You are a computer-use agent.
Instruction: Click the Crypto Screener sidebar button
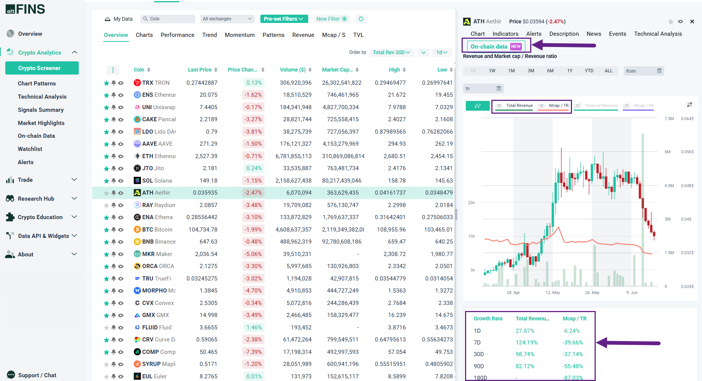[42, 68]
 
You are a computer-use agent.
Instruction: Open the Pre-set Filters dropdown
[284, 19]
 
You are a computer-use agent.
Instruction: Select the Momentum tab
[240, 35]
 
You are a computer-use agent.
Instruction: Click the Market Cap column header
[337, 70]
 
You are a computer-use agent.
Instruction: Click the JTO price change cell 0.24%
[254, 168]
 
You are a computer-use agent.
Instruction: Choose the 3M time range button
[531, 71]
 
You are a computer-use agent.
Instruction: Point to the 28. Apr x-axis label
[513, 293]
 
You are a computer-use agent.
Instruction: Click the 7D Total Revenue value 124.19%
[526, 343]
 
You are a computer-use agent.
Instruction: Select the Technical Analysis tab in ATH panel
[658, 34]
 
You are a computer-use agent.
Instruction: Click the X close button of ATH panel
[692, 21]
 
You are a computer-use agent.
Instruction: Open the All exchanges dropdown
[227, 19]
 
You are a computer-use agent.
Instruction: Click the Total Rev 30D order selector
[391, 52]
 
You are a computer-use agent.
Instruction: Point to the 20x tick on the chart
[471, 203]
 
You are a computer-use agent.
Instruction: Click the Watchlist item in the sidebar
[30, 149]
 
